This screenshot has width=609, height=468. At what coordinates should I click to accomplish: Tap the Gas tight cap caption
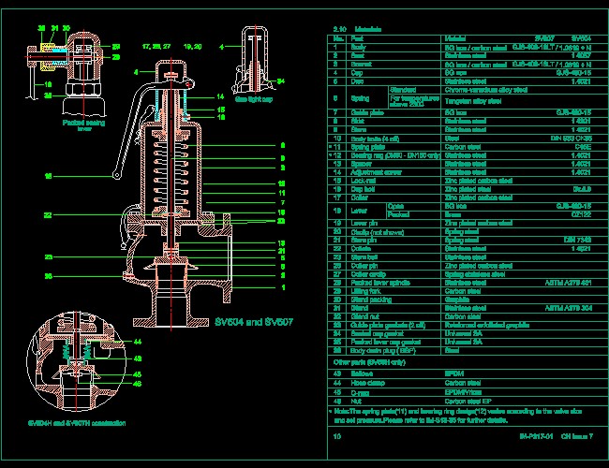click(x=253, y=97)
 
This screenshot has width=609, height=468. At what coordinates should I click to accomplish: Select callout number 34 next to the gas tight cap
click(x=280, y=80)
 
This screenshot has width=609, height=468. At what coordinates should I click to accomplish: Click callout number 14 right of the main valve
click(x=219, y=96)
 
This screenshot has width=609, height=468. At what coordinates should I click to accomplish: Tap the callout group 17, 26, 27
click(x=156, y=45)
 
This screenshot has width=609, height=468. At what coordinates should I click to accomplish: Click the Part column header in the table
click(x=358, y=38)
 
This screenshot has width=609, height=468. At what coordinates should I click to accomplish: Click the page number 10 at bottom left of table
click(x=337, y=436)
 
